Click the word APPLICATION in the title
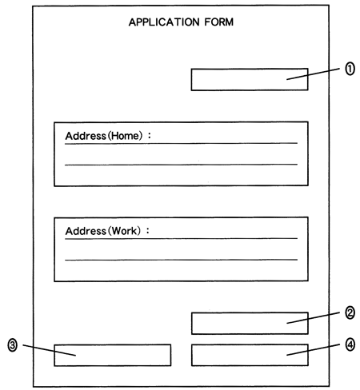point(164,22)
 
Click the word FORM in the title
point(219,22)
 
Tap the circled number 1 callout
point(350,69)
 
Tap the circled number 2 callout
point(350,312)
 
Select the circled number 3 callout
point(12,345)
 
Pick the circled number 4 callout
point(350,344)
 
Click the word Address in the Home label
point(86,136)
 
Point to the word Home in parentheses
point(125,136)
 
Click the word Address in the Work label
point(86,231)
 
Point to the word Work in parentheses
point(124,231)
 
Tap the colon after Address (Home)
point(150,136)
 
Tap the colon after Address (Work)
point(148,231)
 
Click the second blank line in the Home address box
point(181,165)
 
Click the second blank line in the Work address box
point(181,260)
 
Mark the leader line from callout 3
point(50,350)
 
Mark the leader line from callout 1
point(313,74)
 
